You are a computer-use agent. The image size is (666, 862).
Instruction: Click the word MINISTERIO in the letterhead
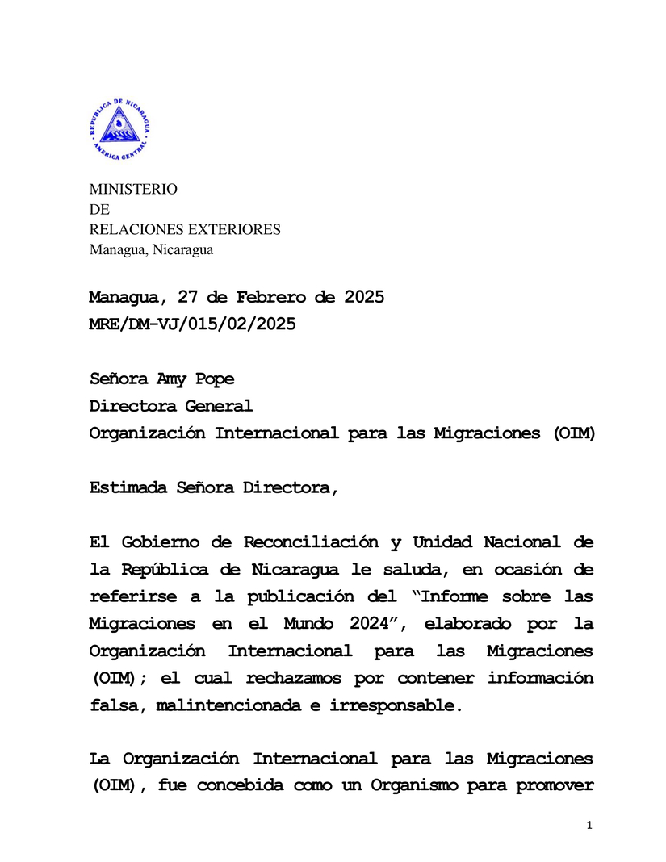132,190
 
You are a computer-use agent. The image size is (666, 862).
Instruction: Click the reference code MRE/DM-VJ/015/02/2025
192,324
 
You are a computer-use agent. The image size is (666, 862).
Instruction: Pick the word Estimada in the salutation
127,487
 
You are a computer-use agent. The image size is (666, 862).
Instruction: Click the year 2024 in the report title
371,624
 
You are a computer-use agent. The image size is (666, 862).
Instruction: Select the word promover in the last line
555,786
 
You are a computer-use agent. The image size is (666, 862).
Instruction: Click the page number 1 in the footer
590,825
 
